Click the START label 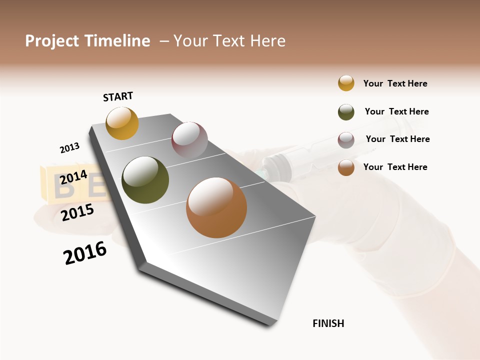point(118,96)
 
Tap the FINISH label point(328,323)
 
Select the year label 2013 point(69,148)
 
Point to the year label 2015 point(77,212)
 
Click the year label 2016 point(85,253)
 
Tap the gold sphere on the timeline point(122,123)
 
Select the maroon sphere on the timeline point(189,140)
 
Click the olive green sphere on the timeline point(145,180)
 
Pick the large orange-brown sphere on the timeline point(216,207)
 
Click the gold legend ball point(346,83)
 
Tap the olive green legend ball point(346,112)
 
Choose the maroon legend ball point(346,140)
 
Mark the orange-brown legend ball point(346,167)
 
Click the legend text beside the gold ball point(395,83)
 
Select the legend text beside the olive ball point(396,111)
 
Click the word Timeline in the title point(117,41)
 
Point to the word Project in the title point(52,41)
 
